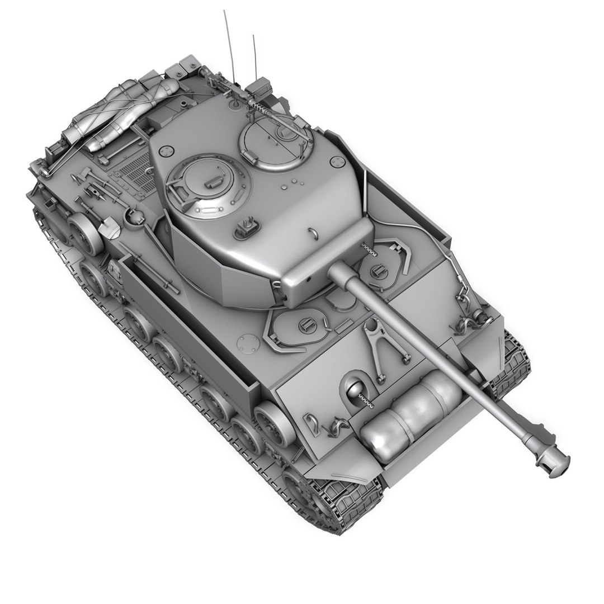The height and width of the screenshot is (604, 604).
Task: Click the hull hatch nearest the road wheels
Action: pyautogui.click(x=296, y=327)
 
